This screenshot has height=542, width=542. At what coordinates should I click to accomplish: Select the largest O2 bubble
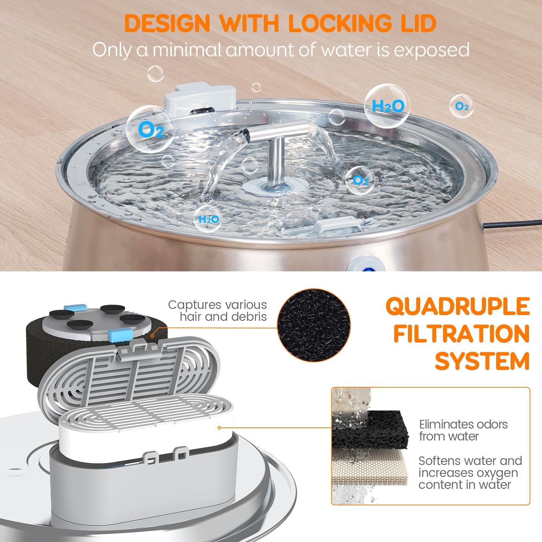pos(150,128)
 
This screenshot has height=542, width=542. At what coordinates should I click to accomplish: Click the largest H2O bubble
pos(387,106)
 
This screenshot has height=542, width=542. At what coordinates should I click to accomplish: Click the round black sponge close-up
pos(314,324)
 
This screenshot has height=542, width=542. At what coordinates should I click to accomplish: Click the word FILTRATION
pos(462,334)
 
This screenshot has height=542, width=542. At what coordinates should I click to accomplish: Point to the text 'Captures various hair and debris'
pos(218,310)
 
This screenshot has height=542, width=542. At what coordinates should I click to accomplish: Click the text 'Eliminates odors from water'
pos(463,430)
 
